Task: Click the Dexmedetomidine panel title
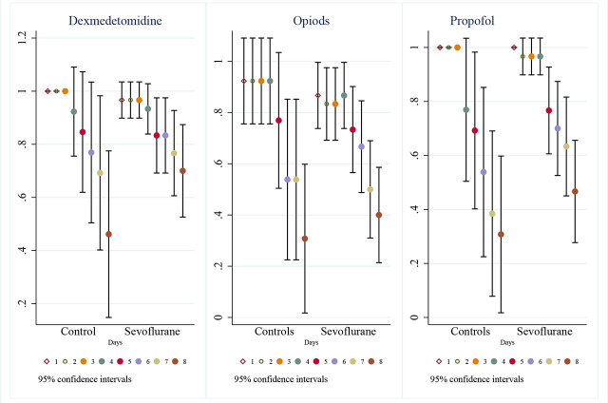[x=115, y=21]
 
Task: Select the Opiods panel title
[x=312, y=21]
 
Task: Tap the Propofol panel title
[x=472, y=21]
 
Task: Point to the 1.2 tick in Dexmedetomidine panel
[x=23, y=38]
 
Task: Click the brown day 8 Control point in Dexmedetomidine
[x=108, y=234]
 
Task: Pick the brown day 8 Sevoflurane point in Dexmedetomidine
[x=182, y=171]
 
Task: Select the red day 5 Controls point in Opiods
[x=278, y=121]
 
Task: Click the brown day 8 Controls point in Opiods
[x=305, y=239]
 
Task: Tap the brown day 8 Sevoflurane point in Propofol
[x=575, y=192]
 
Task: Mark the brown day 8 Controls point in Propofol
[x=501, y=235]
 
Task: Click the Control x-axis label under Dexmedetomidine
[x=78, y=332]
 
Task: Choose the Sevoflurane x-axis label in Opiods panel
[x=349, y=332]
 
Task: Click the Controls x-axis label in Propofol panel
[x=470, y=332]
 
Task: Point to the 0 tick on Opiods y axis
[x=218, y=317]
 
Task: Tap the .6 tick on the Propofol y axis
[x=414, y=155]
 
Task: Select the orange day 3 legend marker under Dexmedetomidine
[x=84, y=361]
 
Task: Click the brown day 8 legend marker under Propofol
[x=568, y=361]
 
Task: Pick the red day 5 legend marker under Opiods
[x=316, y=361]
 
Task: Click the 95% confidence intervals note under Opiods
[x=281, y=379]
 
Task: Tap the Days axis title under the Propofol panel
[x=507, y=342]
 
